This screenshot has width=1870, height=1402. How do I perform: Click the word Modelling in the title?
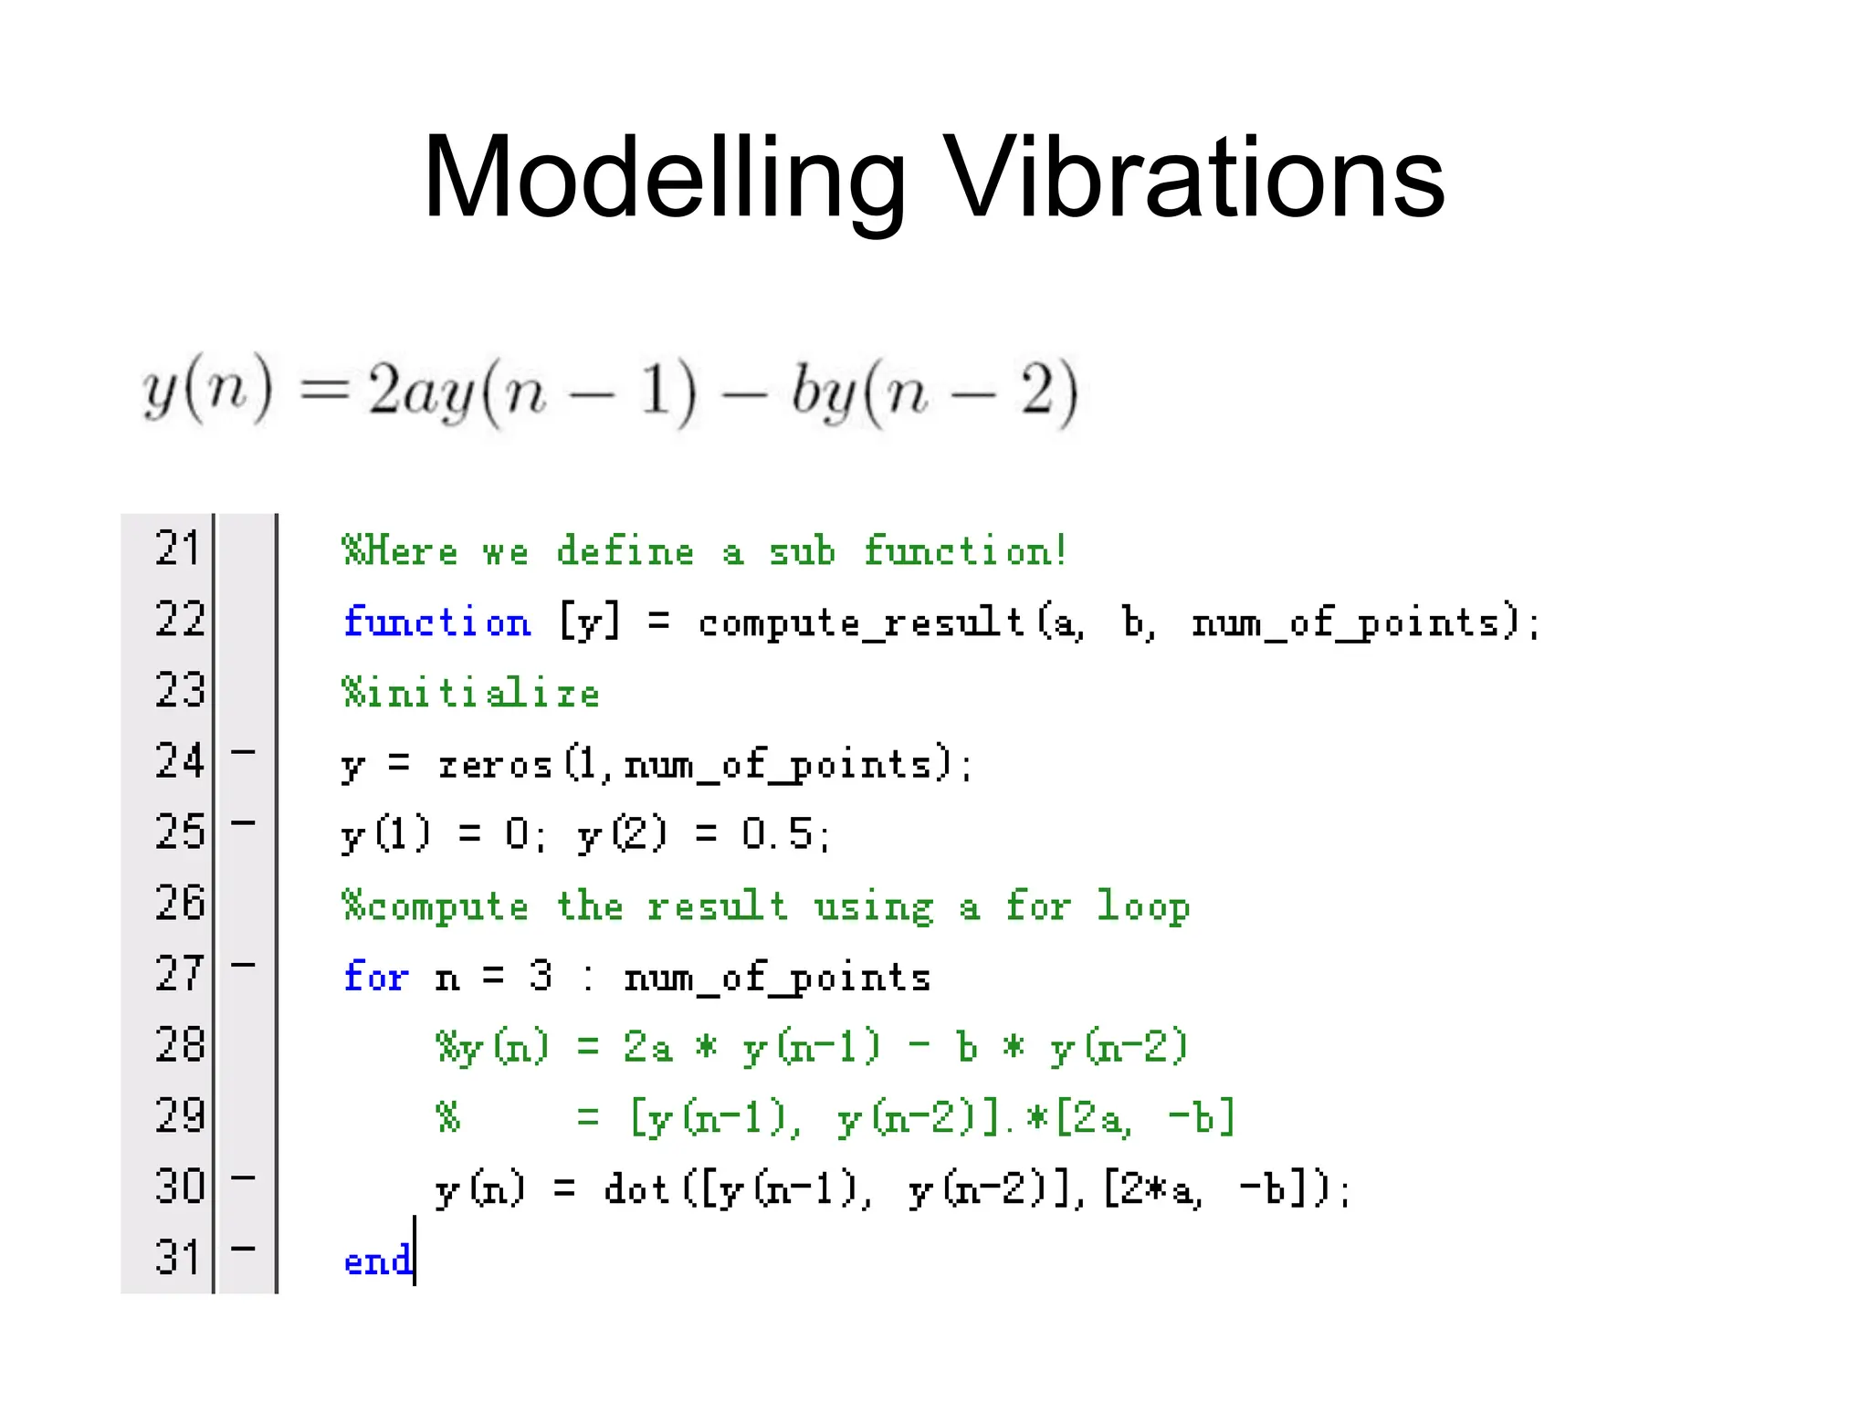[664, 178]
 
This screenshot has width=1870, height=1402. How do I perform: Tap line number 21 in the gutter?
[177, 549]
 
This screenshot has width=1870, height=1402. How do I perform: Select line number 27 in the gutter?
[177, 974]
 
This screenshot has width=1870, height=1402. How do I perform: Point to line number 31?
[177, 1258]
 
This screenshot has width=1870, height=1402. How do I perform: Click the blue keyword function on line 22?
[436, 623]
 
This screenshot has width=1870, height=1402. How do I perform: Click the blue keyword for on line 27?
[375, 977]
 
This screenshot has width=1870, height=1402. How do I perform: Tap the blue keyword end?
[377, 1261]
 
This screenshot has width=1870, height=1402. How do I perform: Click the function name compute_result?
[860, 623]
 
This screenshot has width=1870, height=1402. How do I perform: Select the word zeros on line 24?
[495, 764]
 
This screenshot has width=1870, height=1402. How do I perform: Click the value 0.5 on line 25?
[776, 834]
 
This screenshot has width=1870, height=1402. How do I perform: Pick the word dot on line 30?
[636, 1189]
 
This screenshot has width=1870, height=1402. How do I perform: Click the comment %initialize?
[471, 694]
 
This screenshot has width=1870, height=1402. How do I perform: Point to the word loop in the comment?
[1142, 906]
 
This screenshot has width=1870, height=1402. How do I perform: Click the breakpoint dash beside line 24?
[243, 752]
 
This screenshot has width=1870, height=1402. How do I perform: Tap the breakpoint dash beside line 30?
[243, 1177]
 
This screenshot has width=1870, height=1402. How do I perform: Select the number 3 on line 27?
[541, 976]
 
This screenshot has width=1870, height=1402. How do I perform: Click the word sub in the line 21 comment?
[802, 551]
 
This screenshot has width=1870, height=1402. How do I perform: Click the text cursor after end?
[415, 1250]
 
